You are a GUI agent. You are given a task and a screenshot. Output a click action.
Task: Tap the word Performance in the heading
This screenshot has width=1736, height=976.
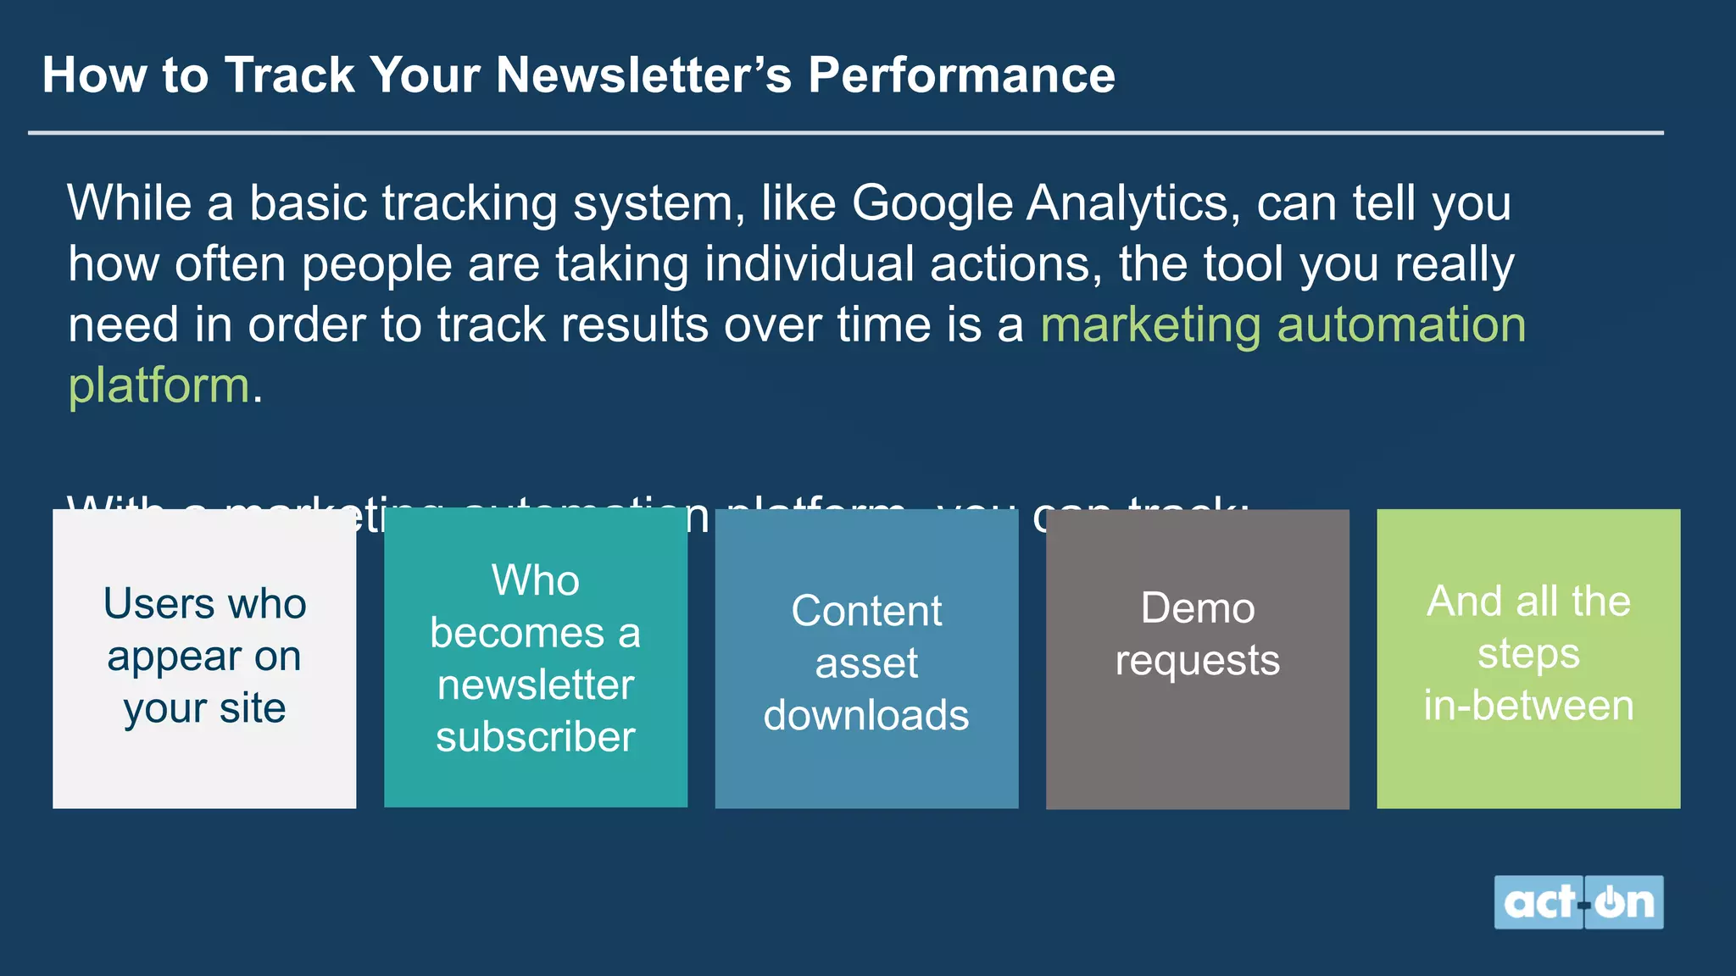(x=961, y=75)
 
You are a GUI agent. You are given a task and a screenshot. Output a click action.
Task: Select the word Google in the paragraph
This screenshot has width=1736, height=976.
(x=932, y=204)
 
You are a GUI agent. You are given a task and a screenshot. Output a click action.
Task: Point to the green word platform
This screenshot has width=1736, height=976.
(x=159, y=386)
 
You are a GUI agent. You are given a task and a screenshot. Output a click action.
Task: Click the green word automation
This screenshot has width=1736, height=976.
(x=1401, y=325)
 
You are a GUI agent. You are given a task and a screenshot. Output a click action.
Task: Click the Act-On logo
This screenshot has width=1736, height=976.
(x=1578, y=902)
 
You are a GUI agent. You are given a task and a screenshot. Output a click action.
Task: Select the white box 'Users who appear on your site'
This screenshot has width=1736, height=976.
(x=204, y=658)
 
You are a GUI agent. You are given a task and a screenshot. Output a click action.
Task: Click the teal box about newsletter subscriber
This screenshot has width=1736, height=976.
(x=536, y=658)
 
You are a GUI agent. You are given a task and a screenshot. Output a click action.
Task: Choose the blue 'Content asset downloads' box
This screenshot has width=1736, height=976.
(x=866, y=658)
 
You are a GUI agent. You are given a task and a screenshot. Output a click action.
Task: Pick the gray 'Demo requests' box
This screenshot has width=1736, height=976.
(x=1197, y=658)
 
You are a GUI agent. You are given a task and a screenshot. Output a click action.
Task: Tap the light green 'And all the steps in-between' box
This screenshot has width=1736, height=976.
(x=1528, y=658)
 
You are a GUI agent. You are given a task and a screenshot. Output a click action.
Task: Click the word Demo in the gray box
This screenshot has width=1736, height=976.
(x=1197, y=608)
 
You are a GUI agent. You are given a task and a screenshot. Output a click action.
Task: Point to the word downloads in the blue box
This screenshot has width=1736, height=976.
(x=866, y=715)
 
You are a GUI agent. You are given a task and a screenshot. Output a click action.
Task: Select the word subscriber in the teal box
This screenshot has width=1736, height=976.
(x=536, y=737)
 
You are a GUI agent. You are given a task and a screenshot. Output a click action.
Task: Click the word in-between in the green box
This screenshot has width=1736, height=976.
(x=1528, y=706)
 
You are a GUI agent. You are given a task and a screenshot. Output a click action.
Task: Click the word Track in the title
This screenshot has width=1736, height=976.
(x=289, y=75)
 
